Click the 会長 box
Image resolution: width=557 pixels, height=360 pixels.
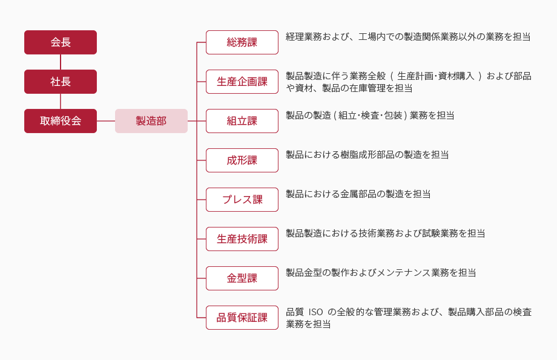pos(61,42)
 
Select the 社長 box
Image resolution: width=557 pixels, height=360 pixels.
pos(61,82)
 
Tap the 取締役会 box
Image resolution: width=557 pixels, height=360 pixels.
pos(61,121)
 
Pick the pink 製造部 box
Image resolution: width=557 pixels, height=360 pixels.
pos(151,121)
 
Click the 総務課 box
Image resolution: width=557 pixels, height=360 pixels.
pos(242,42)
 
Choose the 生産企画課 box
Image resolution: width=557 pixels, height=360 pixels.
pos(242,82)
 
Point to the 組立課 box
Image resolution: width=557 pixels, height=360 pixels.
pos(242,121)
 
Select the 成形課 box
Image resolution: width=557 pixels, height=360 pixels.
pos(242,160)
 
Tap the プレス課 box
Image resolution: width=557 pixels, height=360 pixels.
pos(242,200)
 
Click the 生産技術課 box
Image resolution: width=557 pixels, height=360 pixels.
pos(242,239)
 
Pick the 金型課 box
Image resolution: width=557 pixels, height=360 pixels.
pos(242,278)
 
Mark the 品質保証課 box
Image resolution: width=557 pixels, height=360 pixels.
pos(242,318)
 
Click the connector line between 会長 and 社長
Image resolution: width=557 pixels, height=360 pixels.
pos(61,62)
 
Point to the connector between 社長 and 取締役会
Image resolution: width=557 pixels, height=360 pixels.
pos(61,101)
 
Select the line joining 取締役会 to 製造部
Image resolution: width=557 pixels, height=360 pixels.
pos(106,121)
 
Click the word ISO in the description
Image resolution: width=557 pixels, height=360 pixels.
pos(315,312)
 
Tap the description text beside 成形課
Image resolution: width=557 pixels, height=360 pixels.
pos(367,155)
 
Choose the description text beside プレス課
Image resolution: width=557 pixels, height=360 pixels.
pos(358,194)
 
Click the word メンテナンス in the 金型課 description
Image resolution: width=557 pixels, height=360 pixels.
pos(404,273)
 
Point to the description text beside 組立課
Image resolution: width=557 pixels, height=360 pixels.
pos(370,116)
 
